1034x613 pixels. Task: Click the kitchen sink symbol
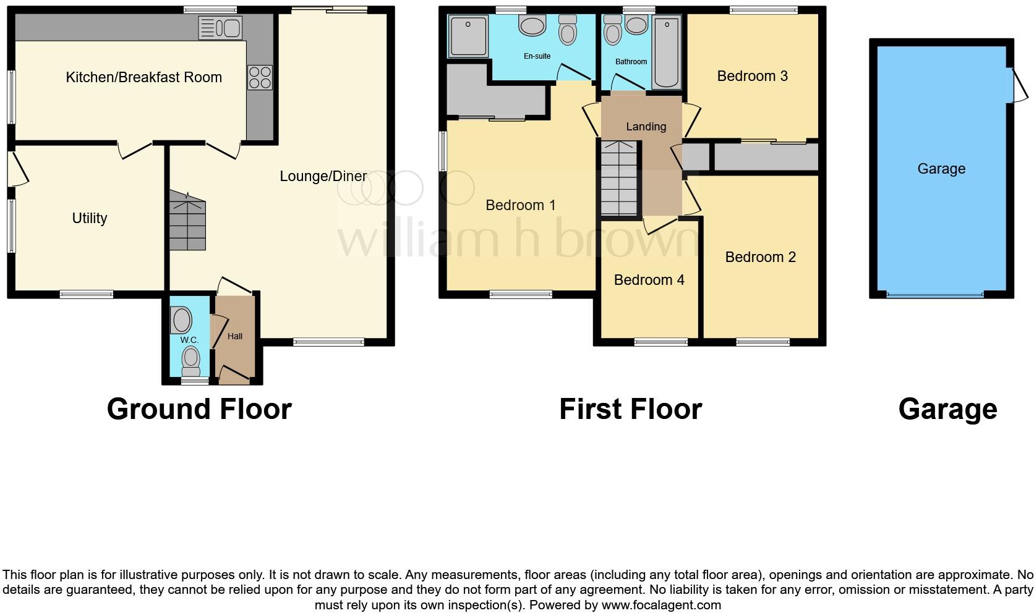pos(220,28)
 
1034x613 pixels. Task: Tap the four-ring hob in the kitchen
pos(260,77)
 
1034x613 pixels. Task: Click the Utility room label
pos(90,218)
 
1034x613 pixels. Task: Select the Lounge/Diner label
pos(323,176)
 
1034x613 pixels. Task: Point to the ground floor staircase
pos(187,221)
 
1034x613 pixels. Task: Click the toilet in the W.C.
pos(191,360)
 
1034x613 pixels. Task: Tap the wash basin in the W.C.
pos(182,321)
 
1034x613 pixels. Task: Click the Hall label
pos(235,336)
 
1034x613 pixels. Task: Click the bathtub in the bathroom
pos(667,53)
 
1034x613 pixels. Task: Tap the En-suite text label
pos(537,56)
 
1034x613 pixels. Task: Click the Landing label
pos(646,127)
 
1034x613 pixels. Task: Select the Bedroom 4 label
pos(649,280)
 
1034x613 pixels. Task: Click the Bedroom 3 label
pos(752,76)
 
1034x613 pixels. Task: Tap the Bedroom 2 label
pos(760,257)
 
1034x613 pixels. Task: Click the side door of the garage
pos(1017,85)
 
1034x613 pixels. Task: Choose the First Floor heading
pos(630,409)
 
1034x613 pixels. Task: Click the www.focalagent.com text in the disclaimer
pos(661,605)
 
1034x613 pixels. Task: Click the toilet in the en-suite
pos(567,30)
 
